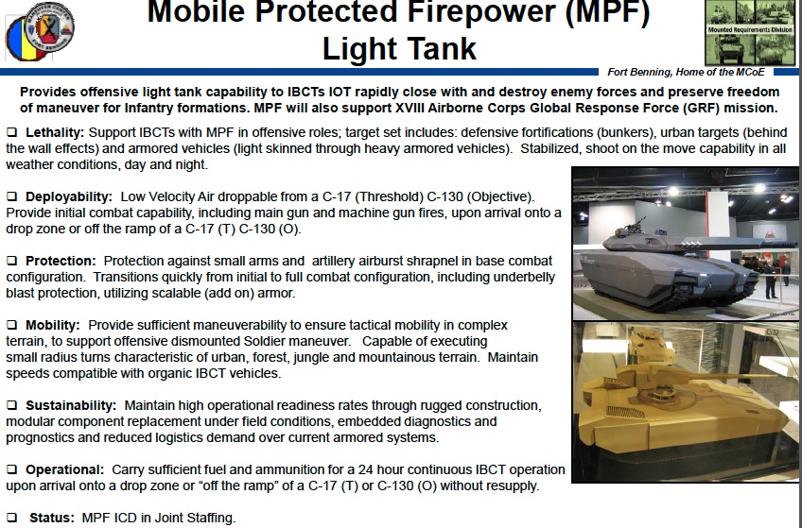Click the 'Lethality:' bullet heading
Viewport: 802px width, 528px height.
[x=55, y=130]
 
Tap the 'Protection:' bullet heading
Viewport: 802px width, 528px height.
[x=61, y=261]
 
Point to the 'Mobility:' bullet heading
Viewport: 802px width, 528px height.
[x=55, y=325]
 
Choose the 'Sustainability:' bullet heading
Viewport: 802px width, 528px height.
[x=71, y=405]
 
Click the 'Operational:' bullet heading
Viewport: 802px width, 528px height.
[x=64, y=469]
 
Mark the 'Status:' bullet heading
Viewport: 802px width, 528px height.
[x=50, y=518]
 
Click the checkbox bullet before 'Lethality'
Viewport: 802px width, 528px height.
[x=11, y=130]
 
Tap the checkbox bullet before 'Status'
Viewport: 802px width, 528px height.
[x=11, y=518]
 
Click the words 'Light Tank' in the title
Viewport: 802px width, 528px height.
[x=399, y=48]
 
